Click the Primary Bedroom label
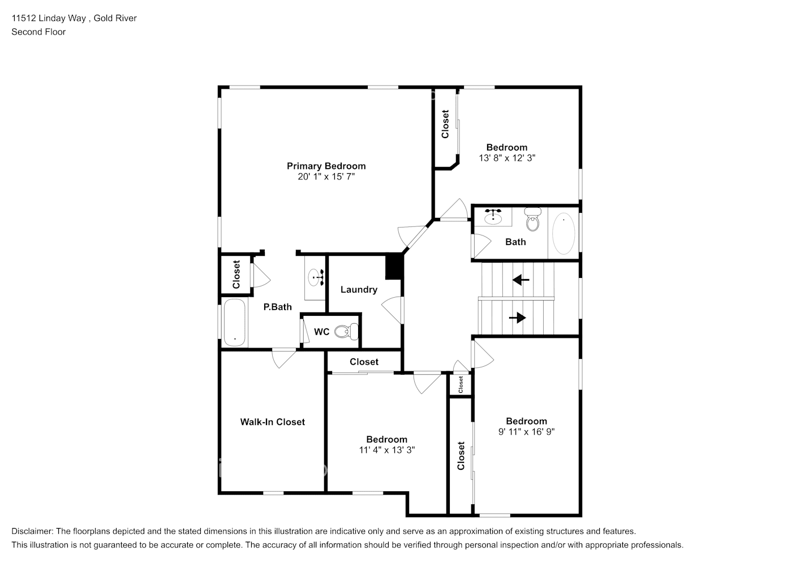[x=326, y=166]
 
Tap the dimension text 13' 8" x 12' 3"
[x=507, y=158]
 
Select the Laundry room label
[x=359, y=289]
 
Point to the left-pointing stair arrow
[x=521, y=280]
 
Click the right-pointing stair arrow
[x=517, y=318]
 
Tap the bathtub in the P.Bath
[x=234, y=323]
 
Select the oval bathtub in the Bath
[x=564, y=233]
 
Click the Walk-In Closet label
[x=272, y=422]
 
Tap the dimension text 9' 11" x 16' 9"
[x=526, y=432]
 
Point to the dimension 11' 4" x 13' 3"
[x=387, y=450]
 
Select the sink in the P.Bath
[x=316, y=277]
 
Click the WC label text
[x=321, y=332]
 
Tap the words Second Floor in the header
[x=38, y=32]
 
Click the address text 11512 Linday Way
[x=49, y=18]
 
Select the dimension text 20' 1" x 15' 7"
[x=326, y=177]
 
